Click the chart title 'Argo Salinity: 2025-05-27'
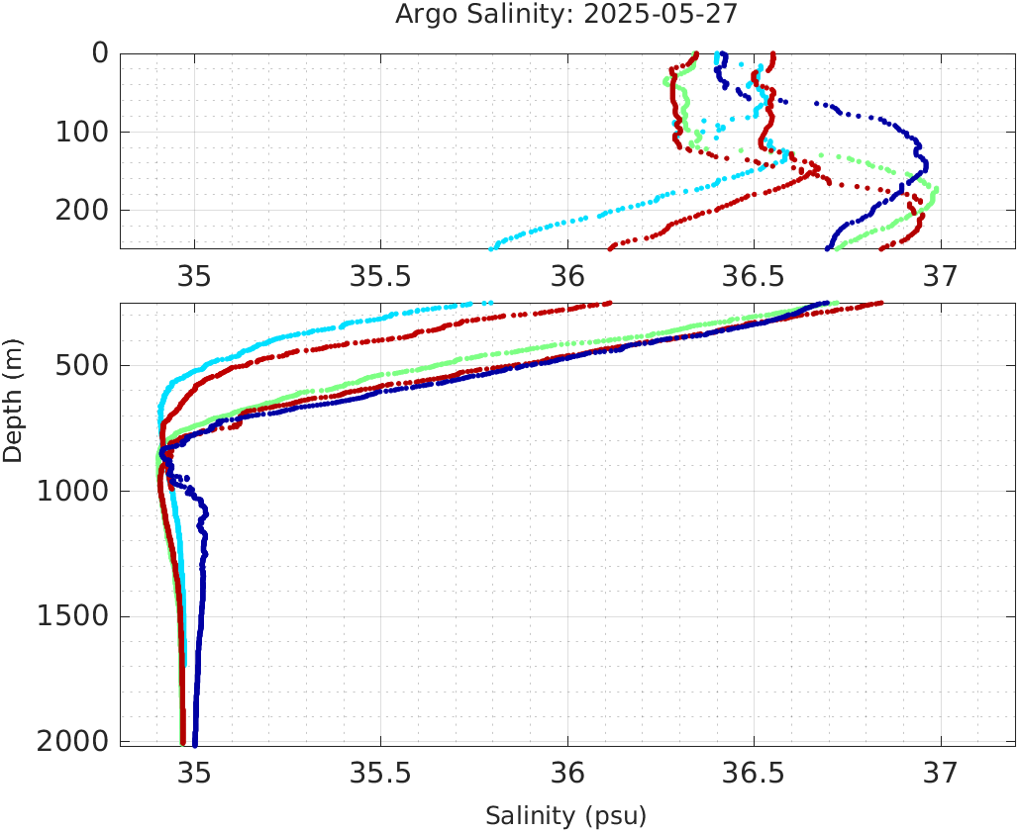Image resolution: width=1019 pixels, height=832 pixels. point(566,15)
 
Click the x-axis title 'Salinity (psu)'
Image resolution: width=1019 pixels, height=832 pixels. point(566,816)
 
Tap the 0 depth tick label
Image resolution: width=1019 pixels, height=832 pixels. point(100,52)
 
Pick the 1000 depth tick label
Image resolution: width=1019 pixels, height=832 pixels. point(71,492)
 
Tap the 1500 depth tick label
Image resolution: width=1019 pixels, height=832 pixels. point(71,616)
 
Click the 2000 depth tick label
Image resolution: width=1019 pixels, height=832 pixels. point(71,742)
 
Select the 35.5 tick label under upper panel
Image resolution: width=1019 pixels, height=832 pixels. point(381,275)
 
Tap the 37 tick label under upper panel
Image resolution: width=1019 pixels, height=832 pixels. point(941,275)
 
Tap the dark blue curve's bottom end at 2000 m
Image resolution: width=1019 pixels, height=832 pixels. point(194,743)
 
